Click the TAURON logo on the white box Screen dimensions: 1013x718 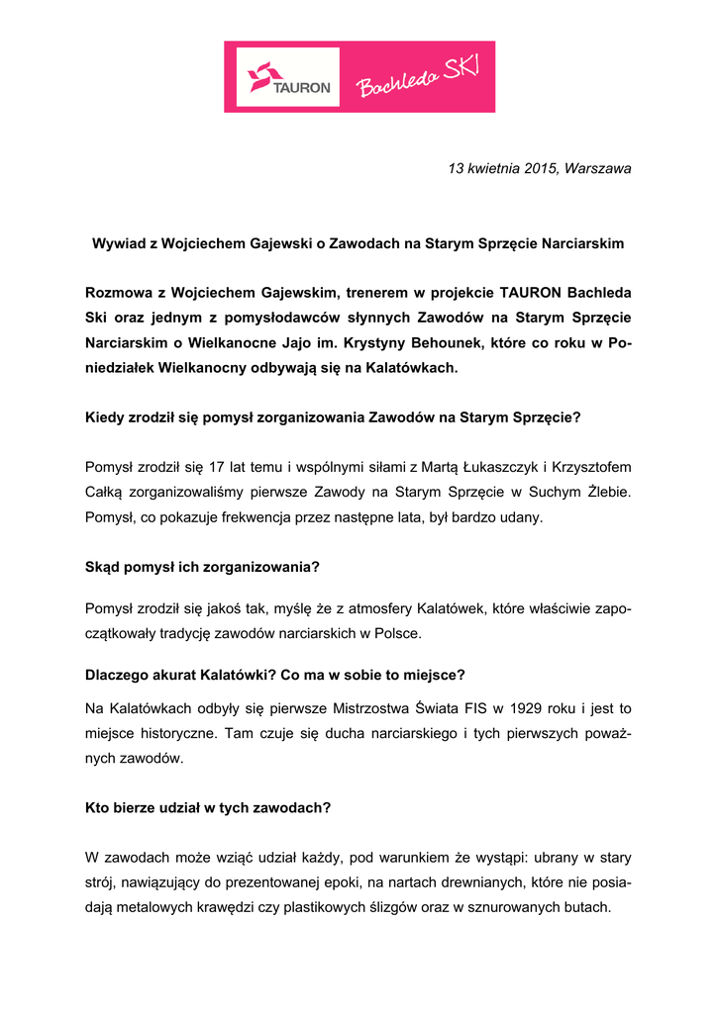tap(288, 77)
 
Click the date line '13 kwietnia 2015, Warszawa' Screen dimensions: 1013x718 tap(539, 168)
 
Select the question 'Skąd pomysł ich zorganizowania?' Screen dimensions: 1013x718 tap(202, 568)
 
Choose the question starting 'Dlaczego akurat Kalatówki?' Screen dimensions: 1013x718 tap(275, 675)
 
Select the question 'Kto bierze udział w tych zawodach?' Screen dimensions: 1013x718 tap(208, 807)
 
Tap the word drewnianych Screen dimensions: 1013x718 tap(476, 882)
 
